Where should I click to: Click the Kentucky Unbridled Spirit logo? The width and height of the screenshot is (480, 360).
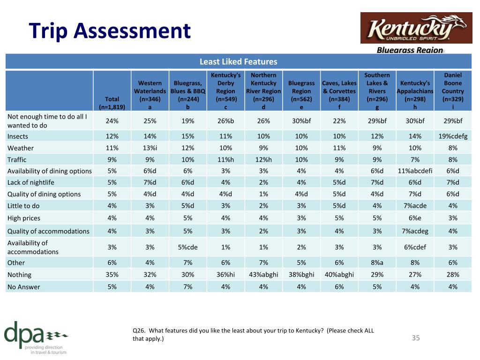[416, 28]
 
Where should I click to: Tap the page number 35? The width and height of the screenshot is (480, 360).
[416, 337]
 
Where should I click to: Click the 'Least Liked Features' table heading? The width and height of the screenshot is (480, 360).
[239, 61]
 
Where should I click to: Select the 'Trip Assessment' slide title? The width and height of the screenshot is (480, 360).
[110, 30]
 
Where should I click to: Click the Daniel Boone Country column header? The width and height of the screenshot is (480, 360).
[453, 90]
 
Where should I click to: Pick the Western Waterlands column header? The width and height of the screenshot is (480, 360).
[150, 95]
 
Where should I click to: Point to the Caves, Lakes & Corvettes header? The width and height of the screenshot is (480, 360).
[339, 95]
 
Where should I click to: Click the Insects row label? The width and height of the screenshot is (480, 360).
[18, 136]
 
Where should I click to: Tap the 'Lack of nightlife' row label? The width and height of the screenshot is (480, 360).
[30, 182]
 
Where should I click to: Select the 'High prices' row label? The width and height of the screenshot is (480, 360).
[24, 218]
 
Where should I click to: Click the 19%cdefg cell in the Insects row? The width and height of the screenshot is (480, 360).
[453, 136]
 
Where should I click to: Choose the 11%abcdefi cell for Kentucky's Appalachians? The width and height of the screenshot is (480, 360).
[415, 171]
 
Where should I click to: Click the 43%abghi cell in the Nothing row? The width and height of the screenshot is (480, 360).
[263, 275]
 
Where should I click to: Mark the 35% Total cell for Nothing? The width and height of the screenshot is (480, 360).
[112, 275]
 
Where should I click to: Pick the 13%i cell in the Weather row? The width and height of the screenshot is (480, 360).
[150, 148]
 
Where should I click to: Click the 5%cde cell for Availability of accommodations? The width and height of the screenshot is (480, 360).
[187, 247]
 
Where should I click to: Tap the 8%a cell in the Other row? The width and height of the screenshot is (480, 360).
[377, 262]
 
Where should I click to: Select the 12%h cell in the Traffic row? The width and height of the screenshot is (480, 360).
[263, 159]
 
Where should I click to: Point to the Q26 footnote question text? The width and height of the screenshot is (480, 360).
[253, 334]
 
